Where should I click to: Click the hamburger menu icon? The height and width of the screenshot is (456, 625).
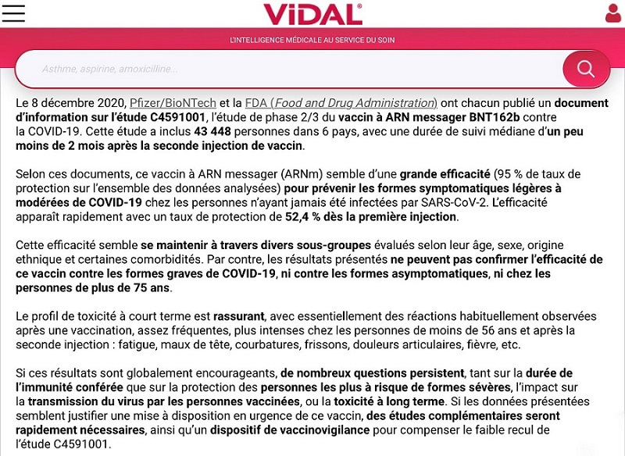(14, 13)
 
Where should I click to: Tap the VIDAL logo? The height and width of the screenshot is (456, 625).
(312, 14)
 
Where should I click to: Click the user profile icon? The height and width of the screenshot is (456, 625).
(613, 13)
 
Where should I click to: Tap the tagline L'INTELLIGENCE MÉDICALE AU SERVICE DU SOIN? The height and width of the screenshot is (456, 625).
(312, 40)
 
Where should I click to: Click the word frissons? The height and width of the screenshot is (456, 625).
(327, 344)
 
